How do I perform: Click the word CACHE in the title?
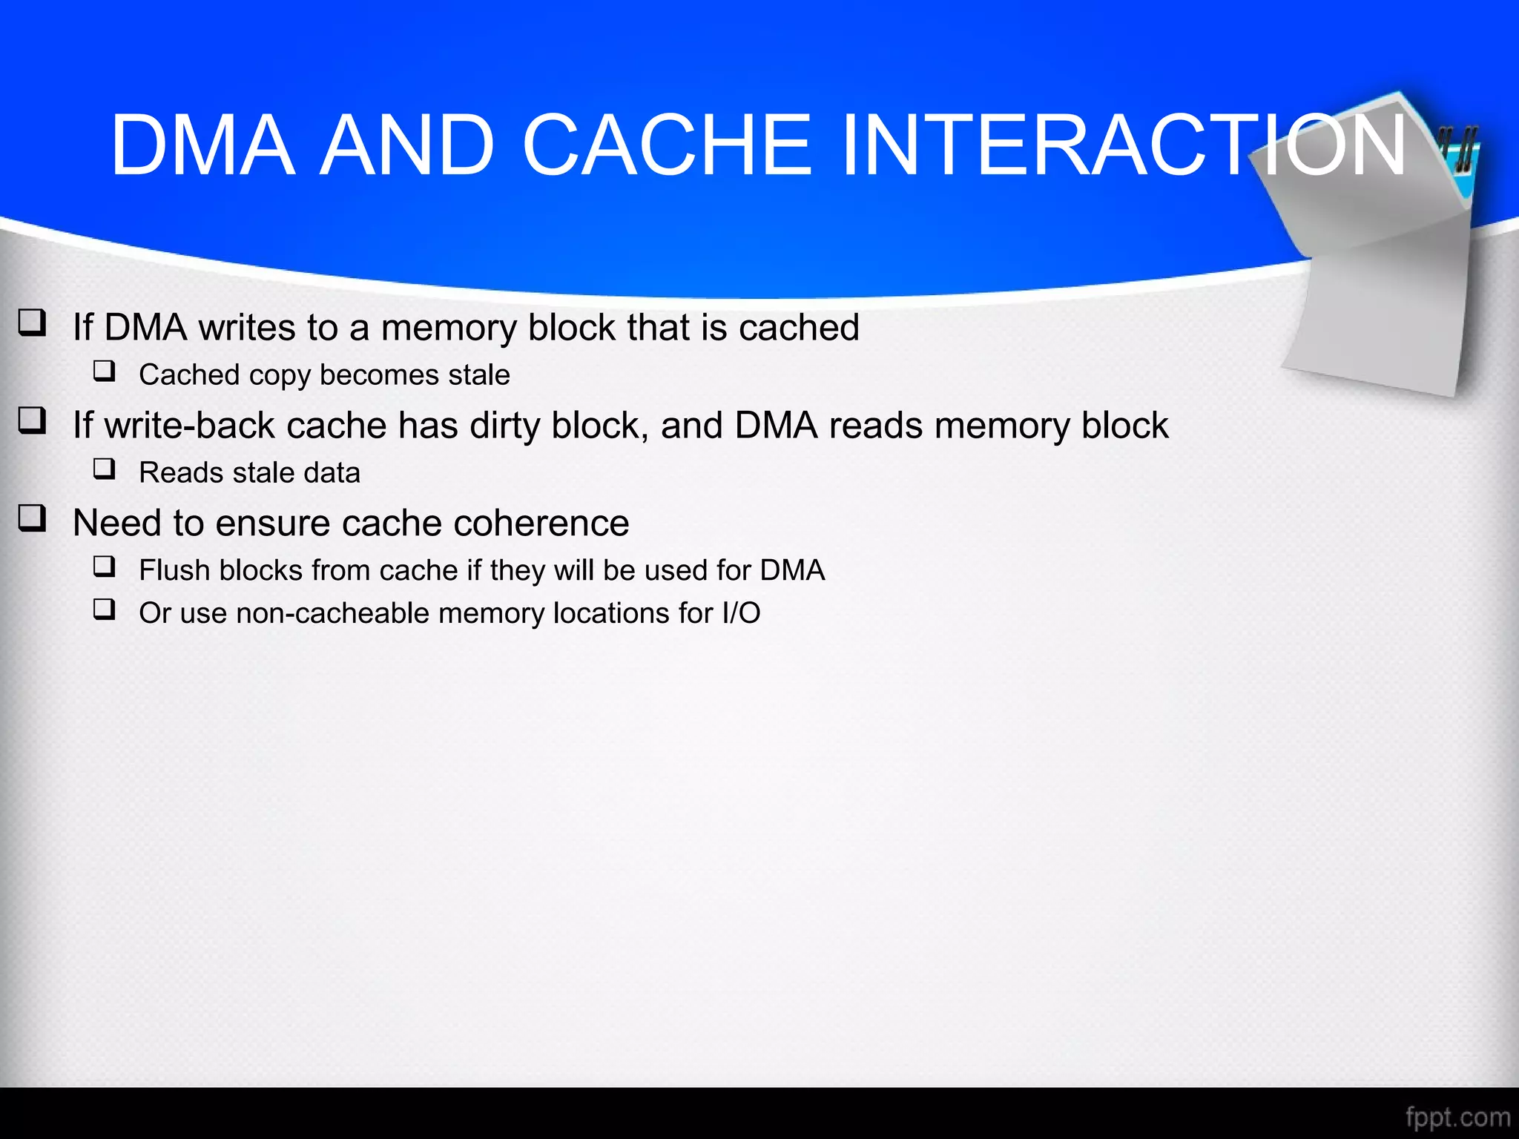click(667, 145)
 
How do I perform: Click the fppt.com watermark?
click(1457, 1117)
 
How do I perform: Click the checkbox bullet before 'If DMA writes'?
click(33, 323)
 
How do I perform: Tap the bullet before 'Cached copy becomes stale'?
click(105, 371)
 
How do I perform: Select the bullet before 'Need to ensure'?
click(33, 519)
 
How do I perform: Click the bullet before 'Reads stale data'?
click(105, 469)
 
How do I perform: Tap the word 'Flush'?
click(174, 570)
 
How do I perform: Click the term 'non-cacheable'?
click(332, 613)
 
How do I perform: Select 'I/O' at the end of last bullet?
click(741, 613)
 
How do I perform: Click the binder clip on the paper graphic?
click(1458, 148)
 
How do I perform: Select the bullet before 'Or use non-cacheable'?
click(105, 610)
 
